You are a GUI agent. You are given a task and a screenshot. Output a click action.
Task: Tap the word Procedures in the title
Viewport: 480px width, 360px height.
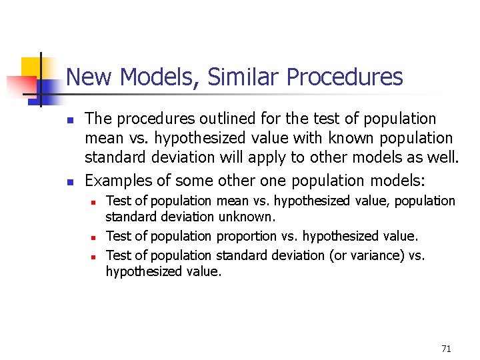tap(345, 77)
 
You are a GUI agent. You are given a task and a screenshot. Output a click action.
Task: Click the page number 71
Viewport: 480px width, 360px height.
tap(446, 349)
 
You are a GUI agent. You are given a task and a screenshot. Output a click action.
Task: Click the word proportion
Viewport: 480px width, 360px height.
tap(245, 236)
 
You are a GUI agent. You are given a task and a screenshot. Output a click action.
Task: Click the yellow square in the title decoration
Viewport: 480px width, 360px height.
tap(31, 67)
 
